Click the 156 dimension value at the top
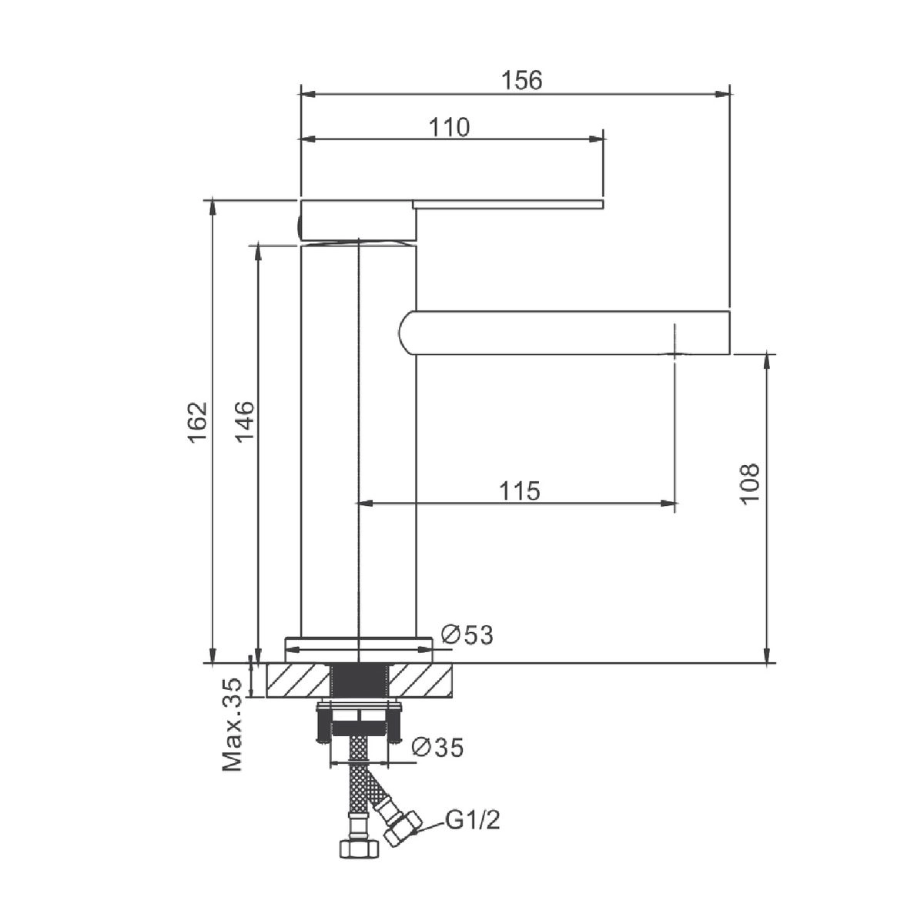522,80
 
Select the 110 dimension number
449,127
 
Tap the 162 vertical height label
198,423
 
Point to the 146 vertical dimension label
244,423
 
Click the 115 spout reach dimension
520,491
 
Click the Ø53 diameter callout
467,635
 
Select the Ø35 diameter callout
438,747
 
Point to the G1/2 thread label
473,820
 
